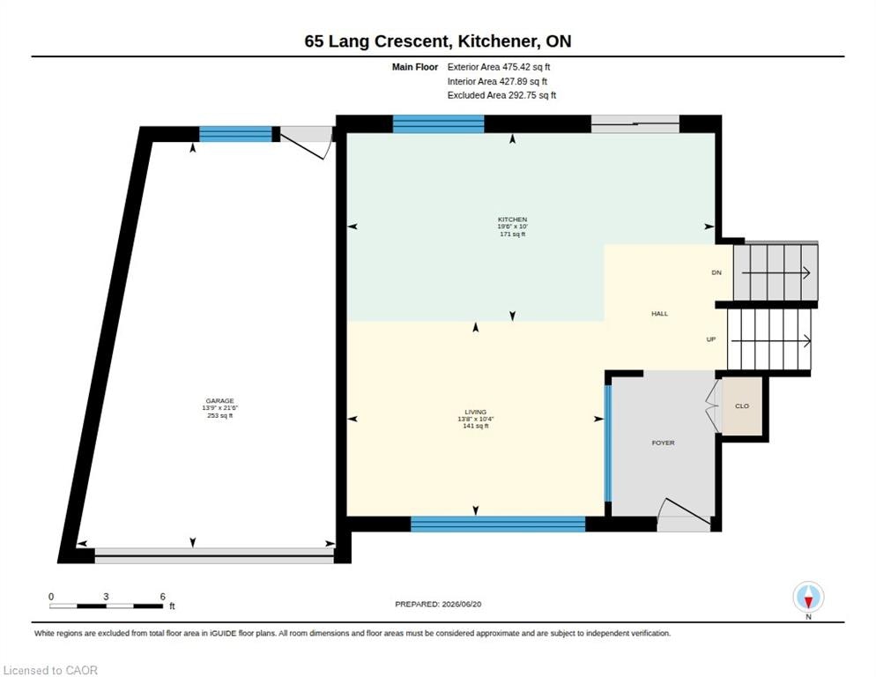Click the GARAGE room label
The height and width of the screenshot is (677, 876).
pos(219,401)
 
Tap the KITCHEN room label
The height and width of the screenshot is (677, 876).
pos(512,219)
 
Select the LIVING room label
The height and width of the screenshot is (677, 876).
pos(475,412)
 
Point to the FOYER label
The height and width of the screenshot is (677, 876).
pos(663,443)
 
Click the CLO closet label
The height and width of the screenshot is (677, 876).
pos(742,405)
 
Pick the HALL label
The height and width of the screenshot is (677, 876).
pos(660,314)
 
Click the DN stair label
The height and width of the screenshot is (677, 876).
pos(716,272)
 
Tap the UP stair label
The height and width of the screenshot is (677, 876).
pos(711,339)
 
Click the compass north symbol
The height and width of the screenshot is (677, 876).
pos(808,598)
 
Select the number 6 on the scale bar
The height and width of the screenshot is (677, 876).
pos(162,597)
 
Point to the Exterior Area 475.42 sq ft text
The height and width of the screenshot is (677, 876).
pos(498,67)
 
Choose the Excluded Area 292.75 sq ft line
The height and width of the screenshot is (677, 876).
pos(501,95)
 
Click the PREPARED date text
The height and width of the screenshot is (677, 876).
pos(438,604)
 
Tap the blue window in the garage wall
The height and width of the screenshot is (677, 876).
pos(236,134)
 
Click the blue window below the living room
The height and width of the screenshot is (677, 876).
pos(498,524)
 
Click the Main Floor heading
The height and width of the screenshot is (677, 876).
pos(415,67)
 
